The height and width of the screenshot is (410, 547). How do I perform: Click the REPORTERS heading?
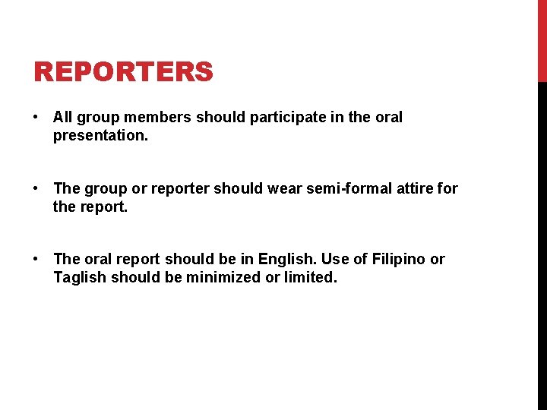123,72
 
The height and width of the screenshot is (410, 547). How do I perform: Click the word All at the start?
62,118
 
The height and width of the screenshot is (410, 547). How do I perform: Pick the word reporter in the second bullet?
182,188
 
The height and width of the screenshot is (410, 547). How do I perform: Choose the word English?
299,260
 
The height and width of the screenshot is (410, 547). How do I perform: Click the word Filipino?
399,260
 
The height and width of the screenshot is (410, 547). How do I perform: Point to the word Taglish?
80,278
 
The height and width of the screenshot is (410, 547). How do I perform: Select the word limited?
310,278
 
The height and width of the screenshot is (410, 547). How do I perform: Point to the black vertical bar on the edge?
542,243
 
